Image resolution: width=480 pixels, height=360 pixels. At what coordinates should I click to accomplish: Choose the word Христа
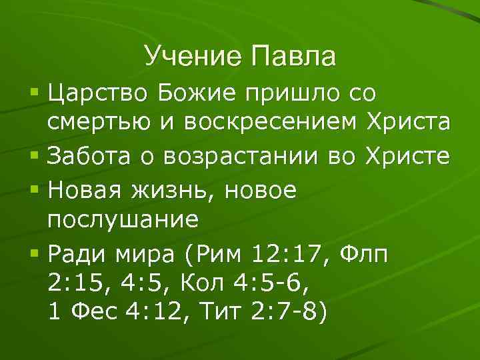[x=408, y=123]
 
